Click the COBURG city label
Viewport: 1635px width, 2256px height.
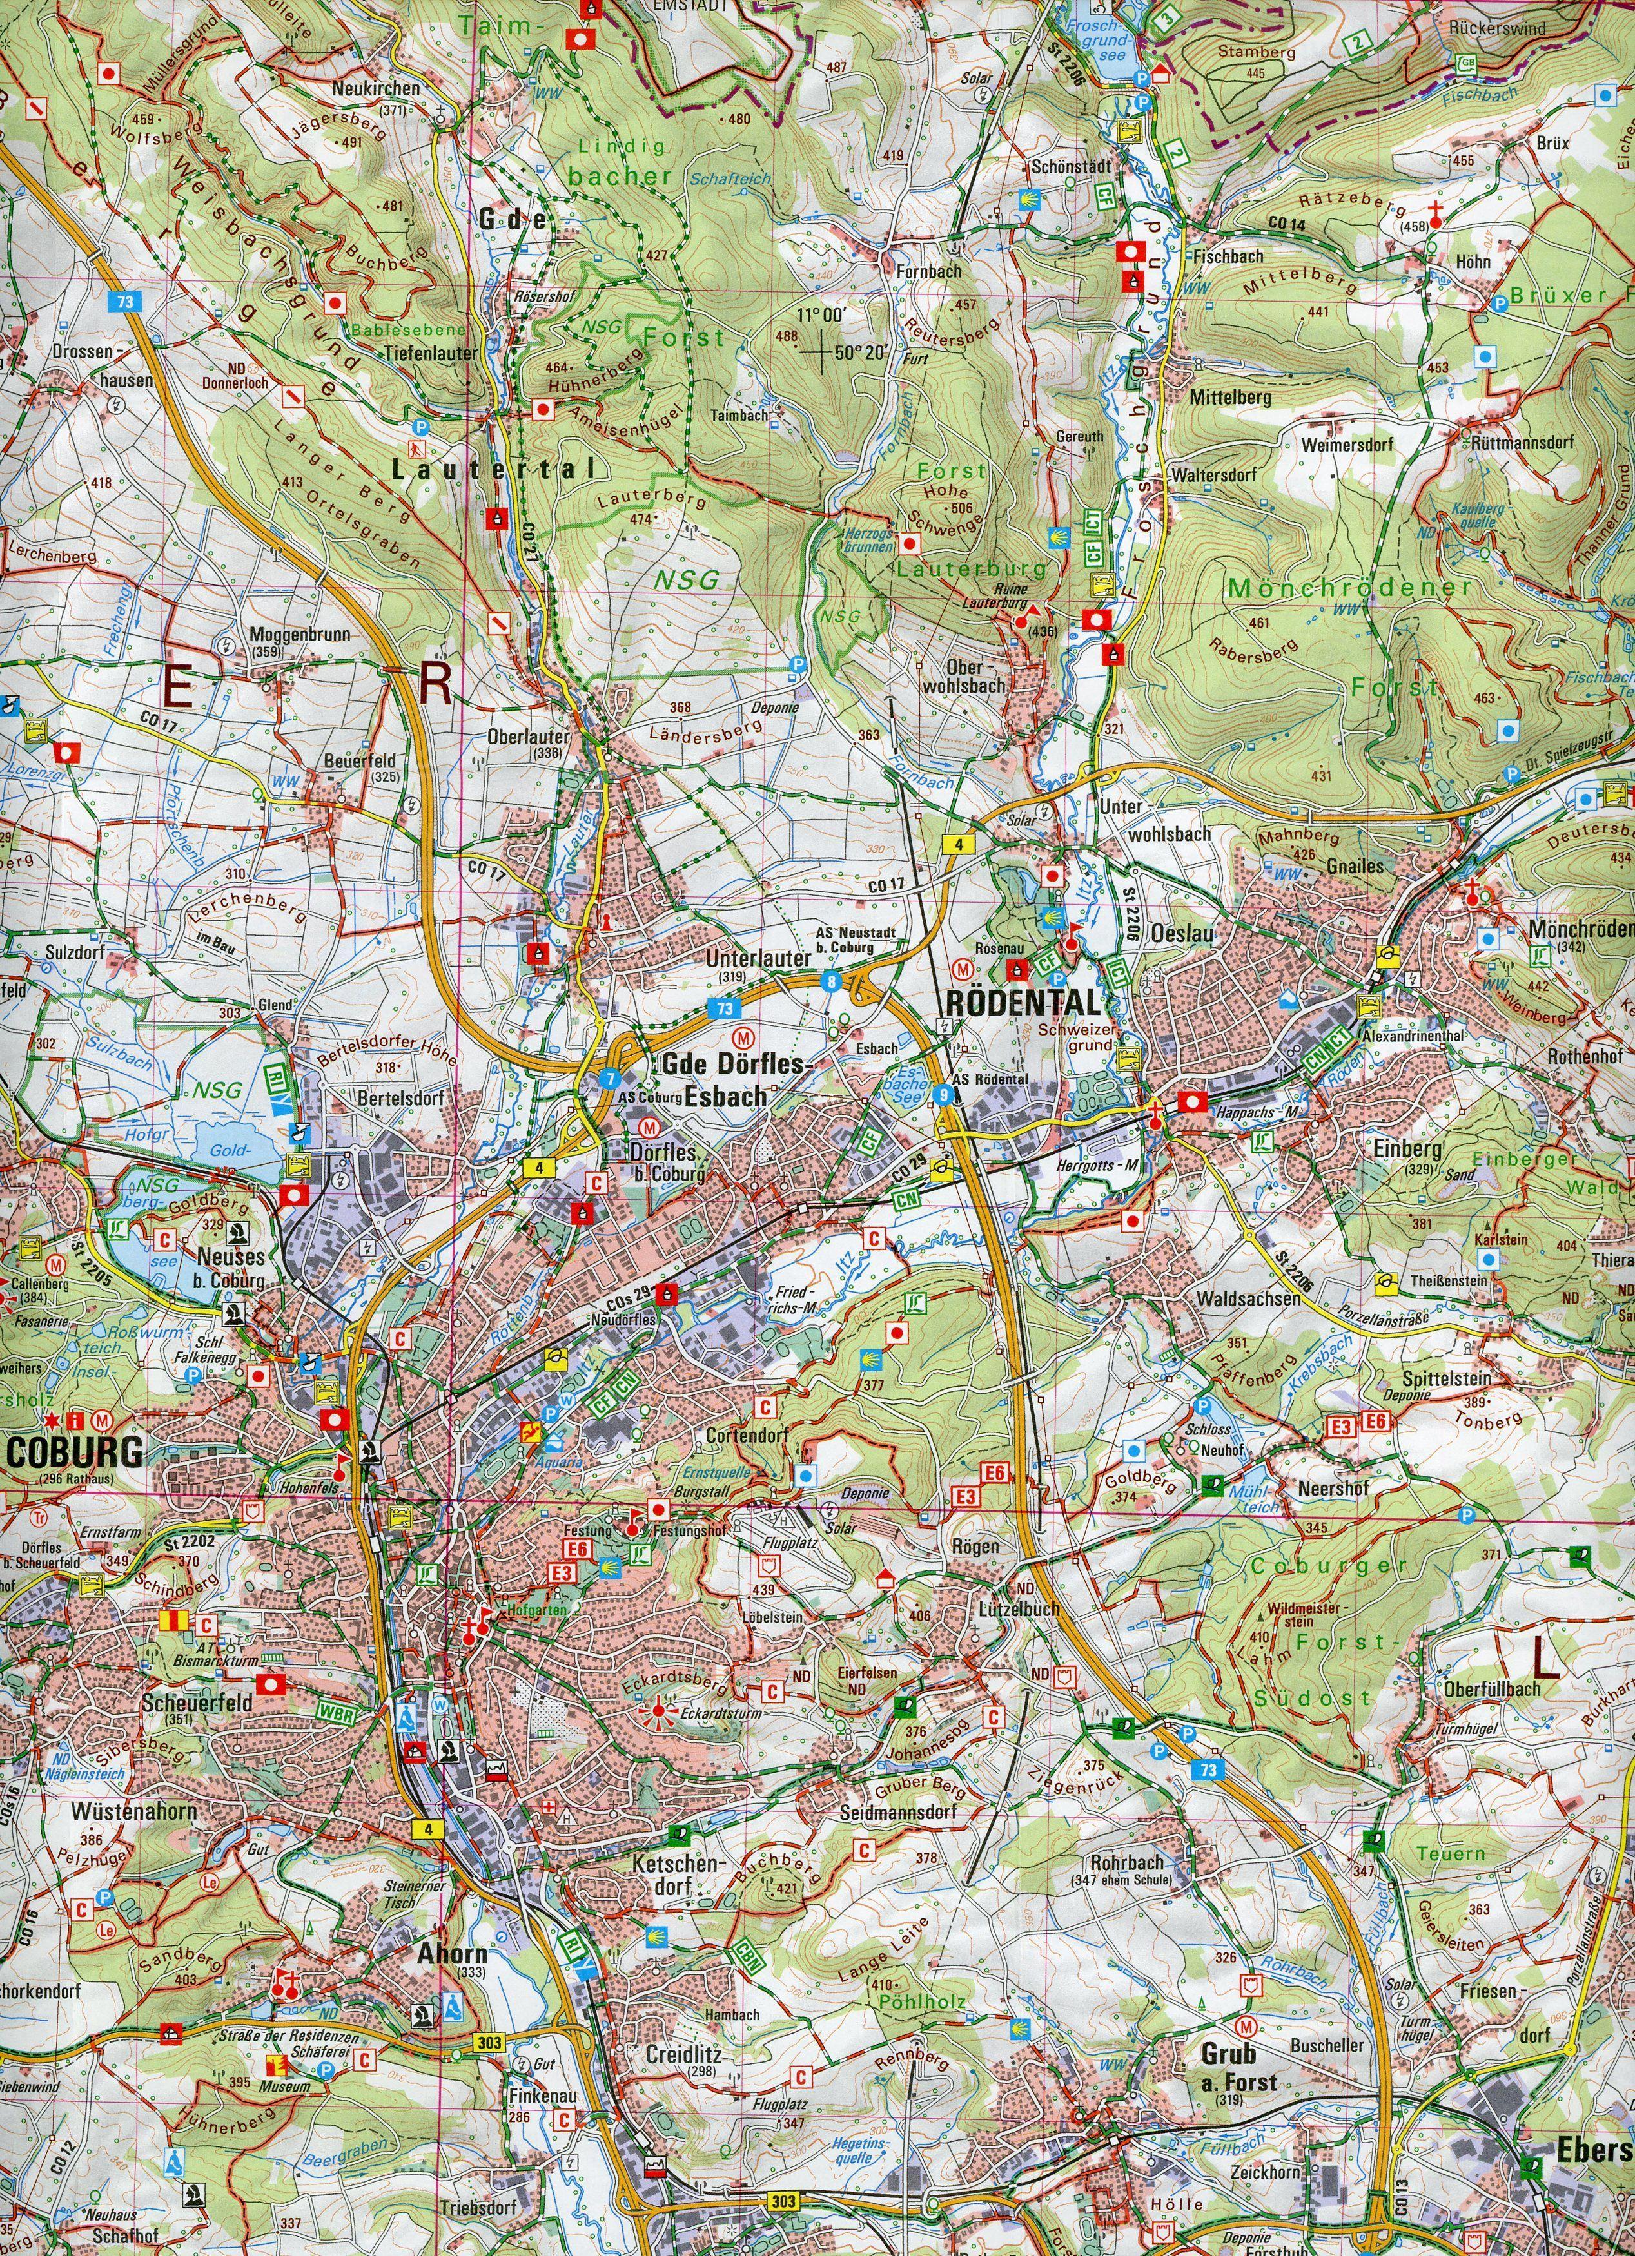click(75, 1452)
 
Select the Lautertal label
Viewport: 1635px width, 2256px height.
click(493, 470)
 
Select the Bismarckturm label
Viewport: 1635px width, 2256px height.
click(203, 1661)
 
